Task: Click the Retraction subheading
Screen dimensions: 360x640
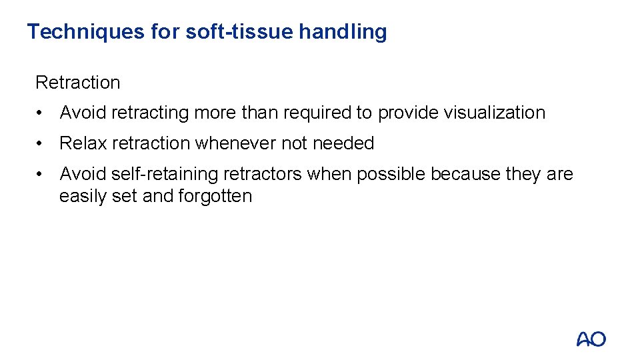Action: [x=77, y=83]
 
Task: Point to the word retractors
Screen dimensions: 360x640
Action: [x=263, y=174]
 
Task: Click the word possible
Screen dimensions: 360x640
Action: [x=391, y=174]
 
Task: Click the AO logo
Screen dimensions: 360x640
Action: [x=591, y=339]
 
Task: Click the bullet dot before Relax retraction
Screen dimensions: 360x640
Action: [x=42, y=143]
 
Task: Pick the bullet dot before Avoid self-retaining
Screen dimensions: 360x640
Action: [x=42, y=174]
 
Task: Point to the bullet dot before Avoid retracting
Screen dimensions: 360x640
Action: [x=42, y=113]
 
